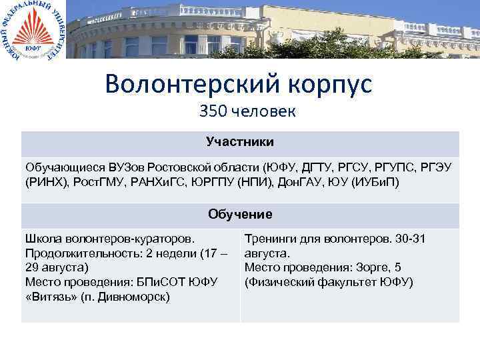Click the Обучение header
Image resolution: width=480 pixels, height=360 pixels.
[x=240, y=214]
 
